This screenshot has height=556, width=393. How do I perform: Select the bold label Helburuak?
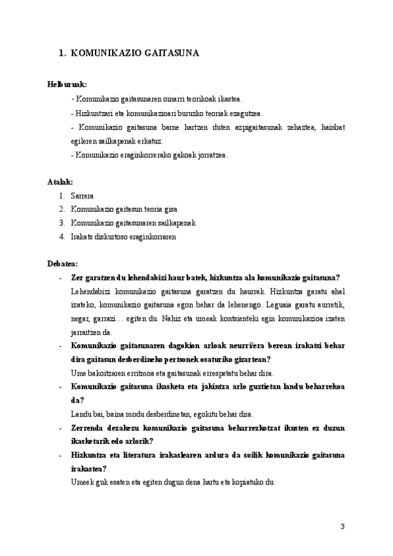point(67,85)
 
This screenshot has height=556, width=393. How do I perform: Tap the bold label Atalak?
point(60,181)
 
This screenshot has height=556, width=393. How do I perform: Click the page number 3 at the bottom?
point(341,526)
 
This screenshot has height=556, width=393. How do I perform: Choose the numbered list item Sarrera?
point(83,195)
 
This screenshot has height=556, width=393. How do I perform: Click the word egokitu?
point(202,414)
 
